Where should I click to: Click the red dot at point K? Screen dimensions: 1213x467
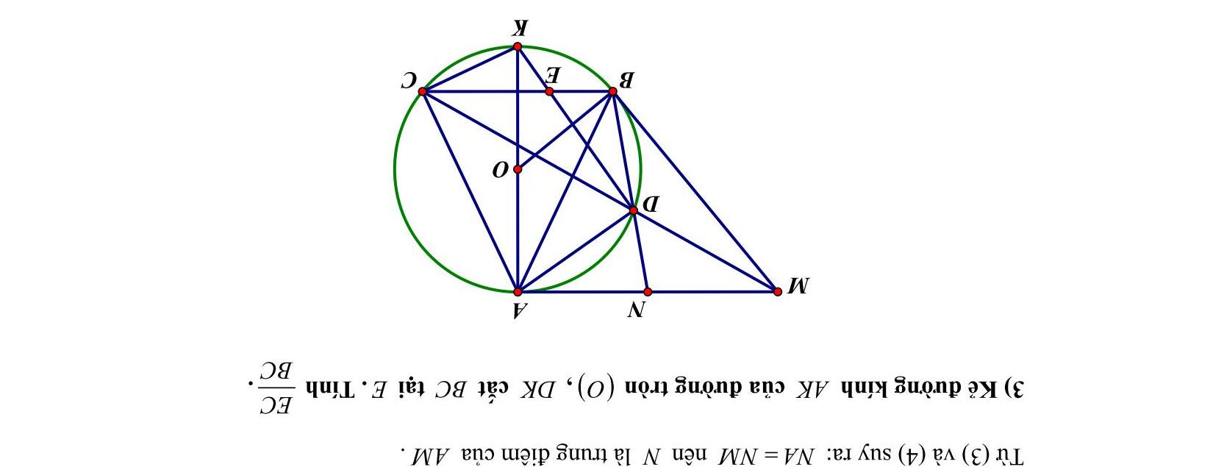(x=518, y=46)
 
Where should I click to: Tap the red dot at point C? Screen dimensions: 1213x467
(x=422, y=91)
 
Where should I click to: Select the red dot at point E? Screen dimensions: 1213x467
(x=549, y=91)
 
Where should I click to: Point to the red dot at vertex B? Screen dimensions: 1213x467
(x=612, y=91)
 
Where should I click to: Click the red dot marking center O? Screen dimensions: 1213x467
(x=518, y=169)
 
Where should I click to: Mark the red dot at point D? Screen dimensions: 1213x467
(x=633, y=210)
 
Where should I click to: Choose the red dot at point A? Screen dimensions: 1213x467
(x=518, y=291)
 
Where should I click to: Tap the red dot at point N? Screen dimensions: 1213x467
(x=647, y=291)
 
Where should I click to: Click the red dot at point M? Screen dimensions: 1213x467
(x=778, y=291)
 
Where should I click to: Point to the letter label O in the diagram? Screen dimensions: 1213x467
(x=500, y=171)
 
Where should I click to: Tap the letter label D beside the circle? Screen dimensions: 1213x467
(x=650, y=204)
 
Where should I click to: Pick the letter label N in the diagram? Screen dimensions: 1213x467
(x=637, y=310)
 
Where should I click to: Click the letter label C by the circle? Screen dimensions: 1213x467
(x=408, y=81)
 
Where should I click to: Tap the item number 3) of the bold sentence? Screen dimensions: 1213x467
(x=1013, y=388)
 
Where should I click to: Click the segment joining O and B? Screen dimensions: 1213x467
(x=565, y=130)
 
